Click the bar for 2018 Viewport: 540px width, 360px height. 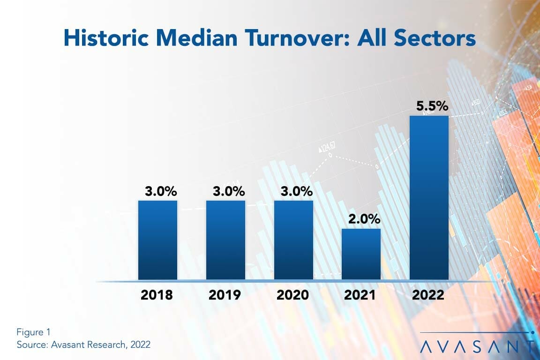157,240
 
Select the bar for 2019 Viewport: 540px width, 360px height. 225,240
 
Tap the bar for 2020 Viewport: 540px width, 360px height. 293,240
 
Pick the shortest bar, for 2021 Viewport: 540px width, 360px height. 361,254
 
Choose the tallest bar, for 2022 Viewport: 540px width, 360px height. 429,197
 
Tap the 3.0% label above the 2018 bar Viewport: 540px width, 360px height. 160,191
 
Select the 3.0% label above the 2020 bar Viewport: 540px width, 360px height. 296,191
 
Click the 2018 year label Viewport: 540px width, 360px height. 157,295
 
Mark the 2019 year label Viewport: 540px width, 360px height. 225,295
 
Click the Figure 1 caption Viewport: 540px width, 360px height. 33,332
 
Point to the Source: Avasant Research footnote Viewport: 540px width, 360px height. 83,345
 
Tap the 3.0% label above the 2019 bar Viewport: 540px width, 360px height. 228,191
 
